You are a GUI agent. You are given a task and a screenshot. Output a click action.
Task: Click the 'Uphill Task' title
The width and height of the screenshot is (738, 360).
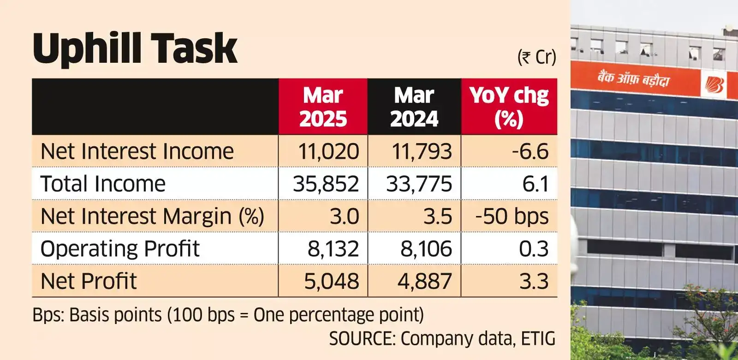pos(135,48)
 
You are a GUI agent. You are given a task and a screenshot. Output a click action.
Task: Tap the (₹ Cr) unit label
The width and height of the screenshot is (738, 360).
pos(536,57)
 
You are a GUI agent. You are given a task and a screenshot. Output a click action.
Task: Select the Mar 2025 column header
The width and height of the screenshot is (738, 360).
pos(323,107)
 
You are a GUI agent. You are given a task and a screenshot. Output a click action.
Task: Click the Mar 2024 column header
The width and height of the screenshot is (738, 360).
pos(414,107)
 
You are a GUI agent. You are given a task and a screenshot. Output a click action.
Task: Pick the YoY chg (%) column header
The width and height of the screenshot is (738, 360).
pos(509,107)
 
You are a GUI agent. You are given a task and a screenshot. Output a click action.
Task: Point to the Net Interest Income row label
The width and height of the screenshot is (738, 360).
pos(137,151)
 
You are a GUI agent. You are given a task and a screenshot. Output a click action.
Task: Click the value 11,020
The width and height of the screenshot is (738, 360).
pos(328,151)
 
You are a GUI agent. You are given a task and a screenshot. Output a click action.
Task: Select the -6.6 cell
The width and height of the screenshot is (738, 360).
pos(530,151)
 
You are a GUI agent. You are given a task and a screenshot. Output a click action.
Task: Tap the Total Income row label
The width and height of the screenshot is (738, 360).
pos(103,184)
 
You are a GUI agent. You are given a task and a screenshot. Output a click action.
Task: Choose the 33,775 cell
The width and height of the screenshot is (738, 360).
pos(419,184)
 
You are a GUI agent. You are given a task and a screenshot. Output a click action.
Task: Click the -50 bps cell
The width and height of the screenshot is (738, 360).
pos(512,216)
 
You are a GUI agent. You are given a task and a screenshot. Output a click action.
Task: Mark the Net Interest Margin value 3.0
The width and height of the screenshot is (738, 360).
pos(344,216)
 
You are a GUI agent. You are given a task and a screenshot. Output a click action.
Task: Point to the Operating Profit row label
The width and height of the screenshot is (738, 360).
pos(120,249)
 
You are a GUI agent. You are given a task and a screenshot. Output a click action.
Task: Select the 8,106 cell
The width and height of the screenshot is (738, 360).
pos(426,249)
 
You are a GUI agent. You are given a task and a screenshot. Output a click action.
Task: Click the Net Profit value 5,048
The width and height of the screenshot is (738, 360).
pos(331,281)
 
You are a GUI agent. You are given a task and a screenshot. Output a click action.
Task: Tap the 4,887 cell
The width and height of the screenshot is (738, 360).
pos(424,281)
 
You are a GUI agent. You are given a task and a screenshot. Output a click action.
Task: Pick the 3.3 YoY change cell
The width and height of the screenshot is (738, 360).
pos(534,281)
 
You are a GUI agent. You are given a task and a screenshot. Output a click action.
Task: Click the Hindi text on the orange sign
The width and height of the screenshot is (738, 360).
pos(633,78)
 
